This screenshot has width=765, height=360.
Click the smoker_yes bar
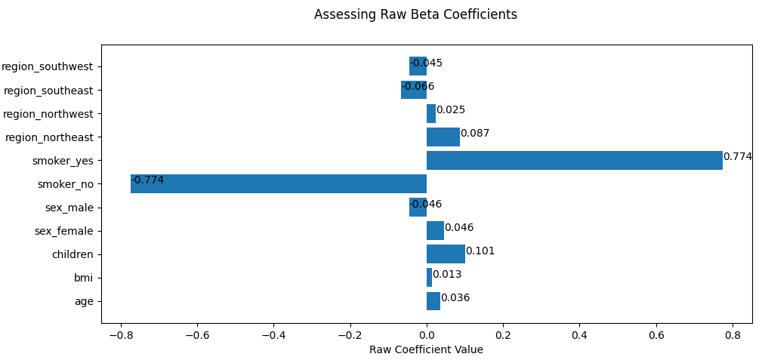(x=574, y=161)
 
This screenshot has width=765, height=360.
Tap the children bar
(x=446, y=254)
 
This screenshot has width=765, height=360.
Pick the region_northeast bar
(x=443, y=137)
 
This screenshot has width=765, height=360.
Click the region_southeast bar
(x=414, y=90)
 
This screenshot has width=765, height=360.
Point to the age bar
(x=433, y=301)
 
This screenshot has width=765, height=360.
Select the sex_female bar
(x=435, y=231)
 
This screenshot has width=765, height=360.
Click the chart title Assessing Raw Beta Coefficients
(x=415, y=15)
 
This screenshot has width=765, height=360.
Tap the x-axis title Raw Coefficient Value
(x=426, y=350)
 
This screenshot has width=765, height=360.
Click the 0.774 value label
(x=738, y=157)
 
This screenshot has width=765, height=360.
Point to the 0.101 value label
(x=480, y=251)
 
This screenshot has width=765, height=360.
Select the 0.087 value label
(x=475, y=134)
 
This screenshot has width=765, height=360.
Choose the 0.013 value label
(x=447, y=275)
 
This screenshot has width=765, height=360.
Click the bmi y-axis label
(x=83, y=278)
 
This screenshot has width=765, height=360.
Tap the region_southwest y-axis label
(x=47, y=66)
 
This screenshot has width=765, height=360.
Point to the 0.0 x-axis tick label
(x=427, y=334)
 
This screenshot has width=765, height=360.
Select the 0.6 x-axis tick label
(x=656, y=334)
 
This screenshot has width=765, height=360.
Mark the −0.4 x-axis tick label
(x=273, y=334)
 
